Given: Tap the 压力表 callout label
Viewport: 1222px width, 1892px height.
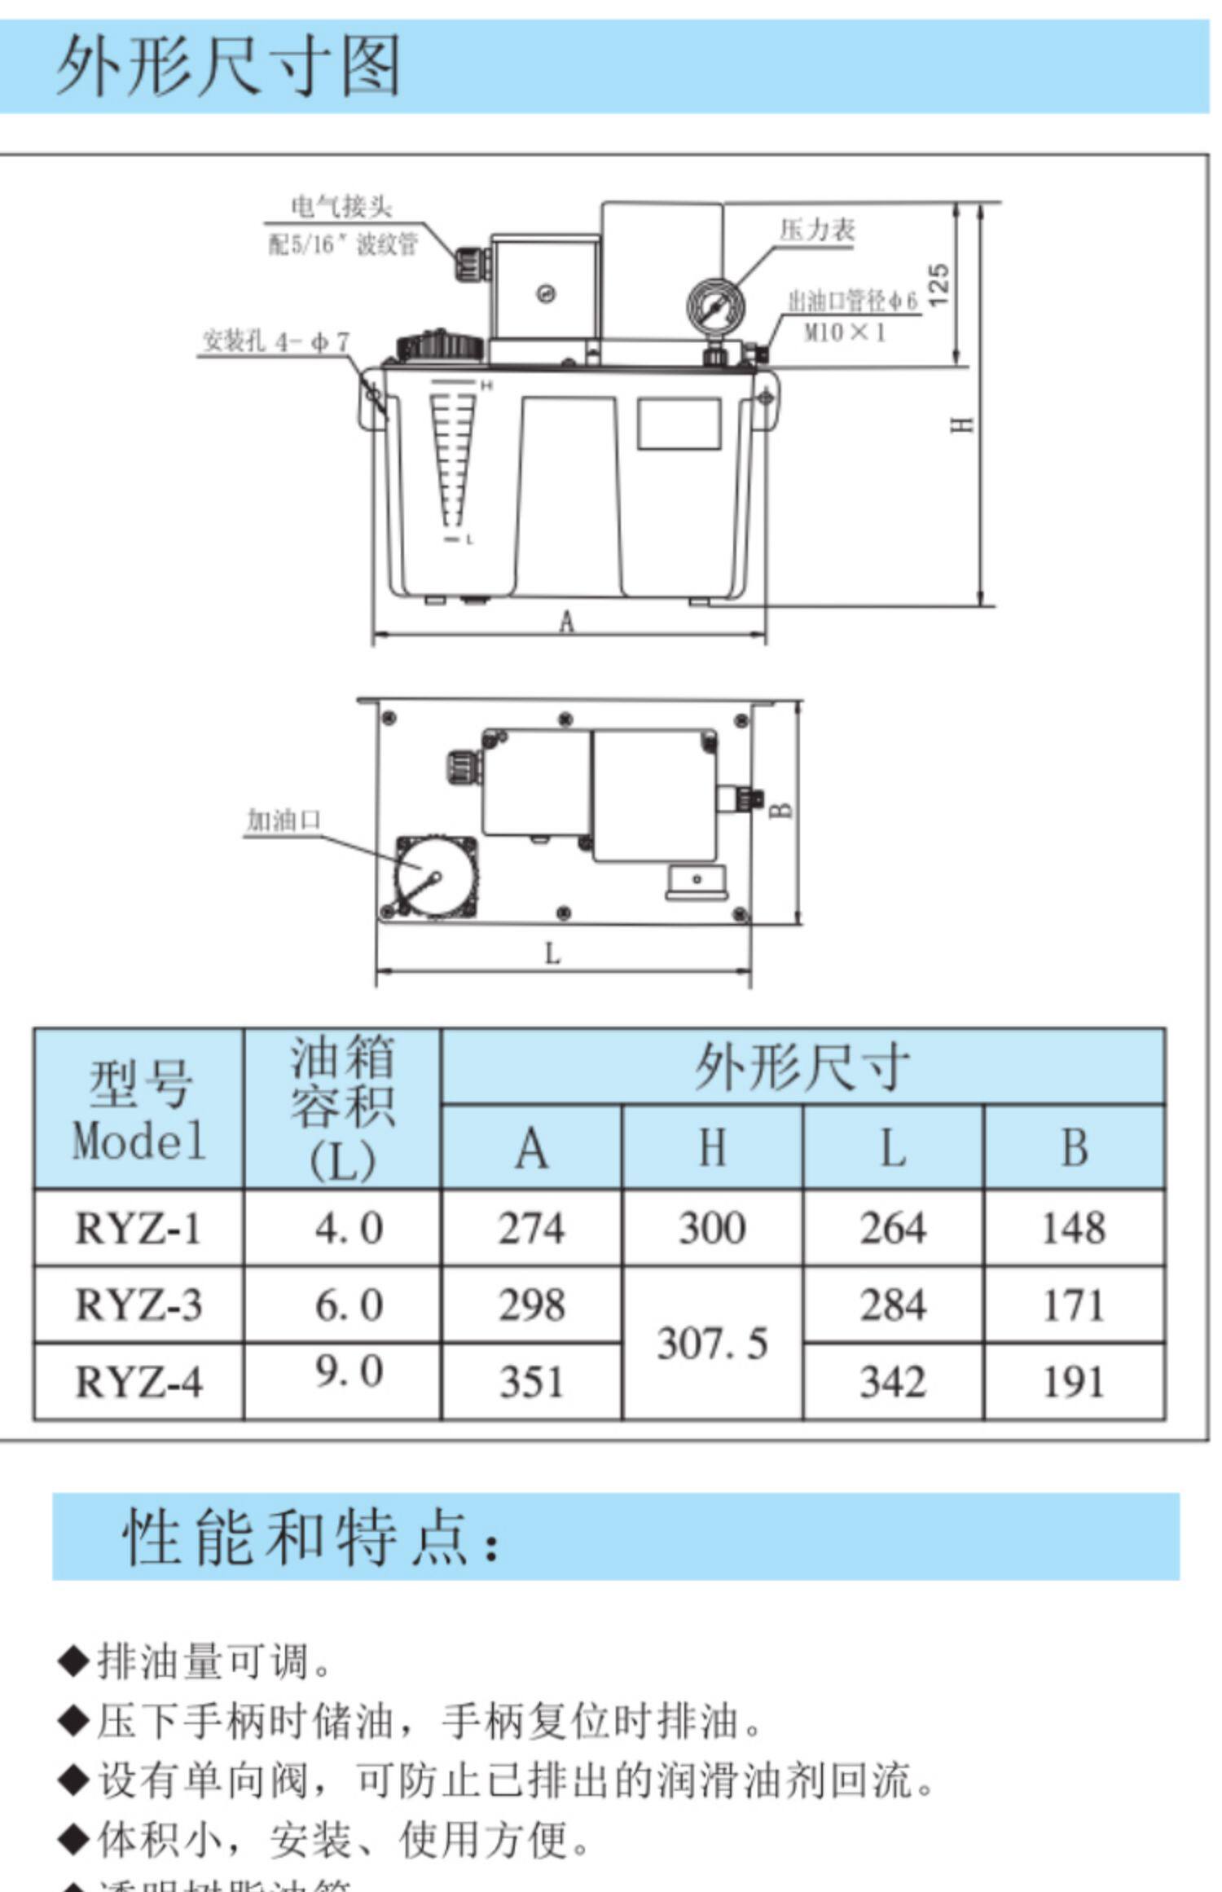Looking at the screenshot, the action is [x=816, y=231].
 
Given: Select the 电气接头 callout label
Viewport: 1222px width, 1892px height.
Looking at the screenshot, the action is [x=341, y=207].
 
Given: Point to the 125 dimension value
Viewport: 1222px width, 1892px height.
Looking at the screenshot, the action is [x=939, y=284].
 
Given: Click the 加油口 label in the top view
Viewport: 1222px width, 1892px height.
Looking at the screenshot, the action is [x=284, y=820].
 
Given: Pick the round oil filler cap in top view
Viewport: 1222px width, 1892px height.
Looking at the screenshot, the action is [x=425, y=878].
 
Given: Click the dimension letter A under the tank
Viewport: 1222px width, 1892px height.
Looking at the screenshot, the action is [x=567, y=623].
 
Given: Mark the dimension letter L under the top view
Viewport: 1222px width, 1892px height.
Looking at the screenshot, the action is [x=552, y=953].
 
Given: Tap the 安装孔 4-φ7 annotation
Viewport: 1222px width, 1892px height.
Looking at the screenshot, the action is [x=275, y=341].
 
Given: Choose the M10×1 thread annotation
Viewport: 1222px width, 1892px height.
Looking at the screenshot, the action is [x=845, y=332].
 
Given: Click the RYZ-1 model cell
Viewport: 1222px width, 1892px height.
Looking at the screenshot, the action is [x=138, y=1229].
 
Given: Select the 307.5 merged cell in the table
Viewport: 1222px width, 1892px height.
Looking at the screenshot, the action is [x=712, y=1344].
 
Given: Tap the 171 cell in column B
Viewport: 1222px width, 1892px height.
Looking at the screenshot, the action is [x=1074, y=1305].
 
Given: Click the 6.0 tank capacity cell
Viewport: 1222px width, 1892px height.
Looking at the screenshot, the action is [x=348, y=1305].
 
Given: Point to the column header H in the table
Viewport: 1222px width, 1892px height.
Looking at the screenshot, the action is [x=712, y=1148].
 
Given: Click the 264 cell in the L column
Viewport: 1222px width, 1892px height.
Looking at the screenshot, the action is [x=893, y=1229].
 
